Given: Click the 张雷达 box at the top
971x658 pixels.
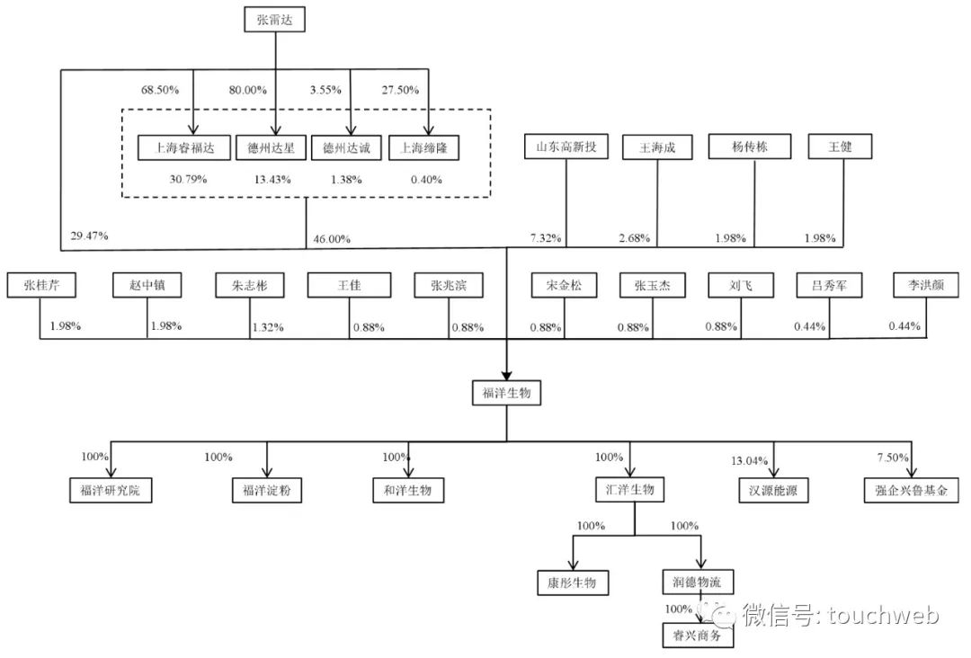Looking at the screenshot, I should point(275,21).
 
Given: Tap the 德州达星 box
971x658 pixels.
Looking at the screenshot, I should point(271,148).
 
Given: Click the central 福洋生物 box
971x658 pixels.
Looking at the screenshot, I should point(506,393).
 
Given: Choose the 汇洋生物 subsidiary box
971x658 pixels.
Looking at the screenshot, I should point(629,490).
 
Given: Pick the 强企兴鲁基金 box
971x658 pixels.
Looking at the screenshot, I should point(910,490).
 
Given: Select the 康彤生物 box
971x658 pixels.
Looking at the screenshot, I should point(572,582).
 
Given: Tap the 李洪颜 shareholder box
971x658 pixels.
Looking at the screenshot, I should point(925,286).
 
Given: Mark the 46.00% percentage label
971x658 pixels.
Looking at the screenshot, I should point(332,240).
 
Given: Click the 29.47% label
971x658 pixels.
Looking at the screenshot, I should point(89,236).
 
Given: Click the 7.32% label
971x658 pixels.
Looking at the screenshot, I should point(545,239).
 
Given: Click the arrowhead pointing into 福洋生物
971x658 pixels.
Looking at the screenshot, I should point(506,376).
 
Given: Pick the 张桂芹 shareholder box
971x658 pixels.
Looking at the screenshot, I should point(40,286).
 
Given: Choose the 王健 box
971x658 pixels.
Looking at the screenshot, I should point(839,147).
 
